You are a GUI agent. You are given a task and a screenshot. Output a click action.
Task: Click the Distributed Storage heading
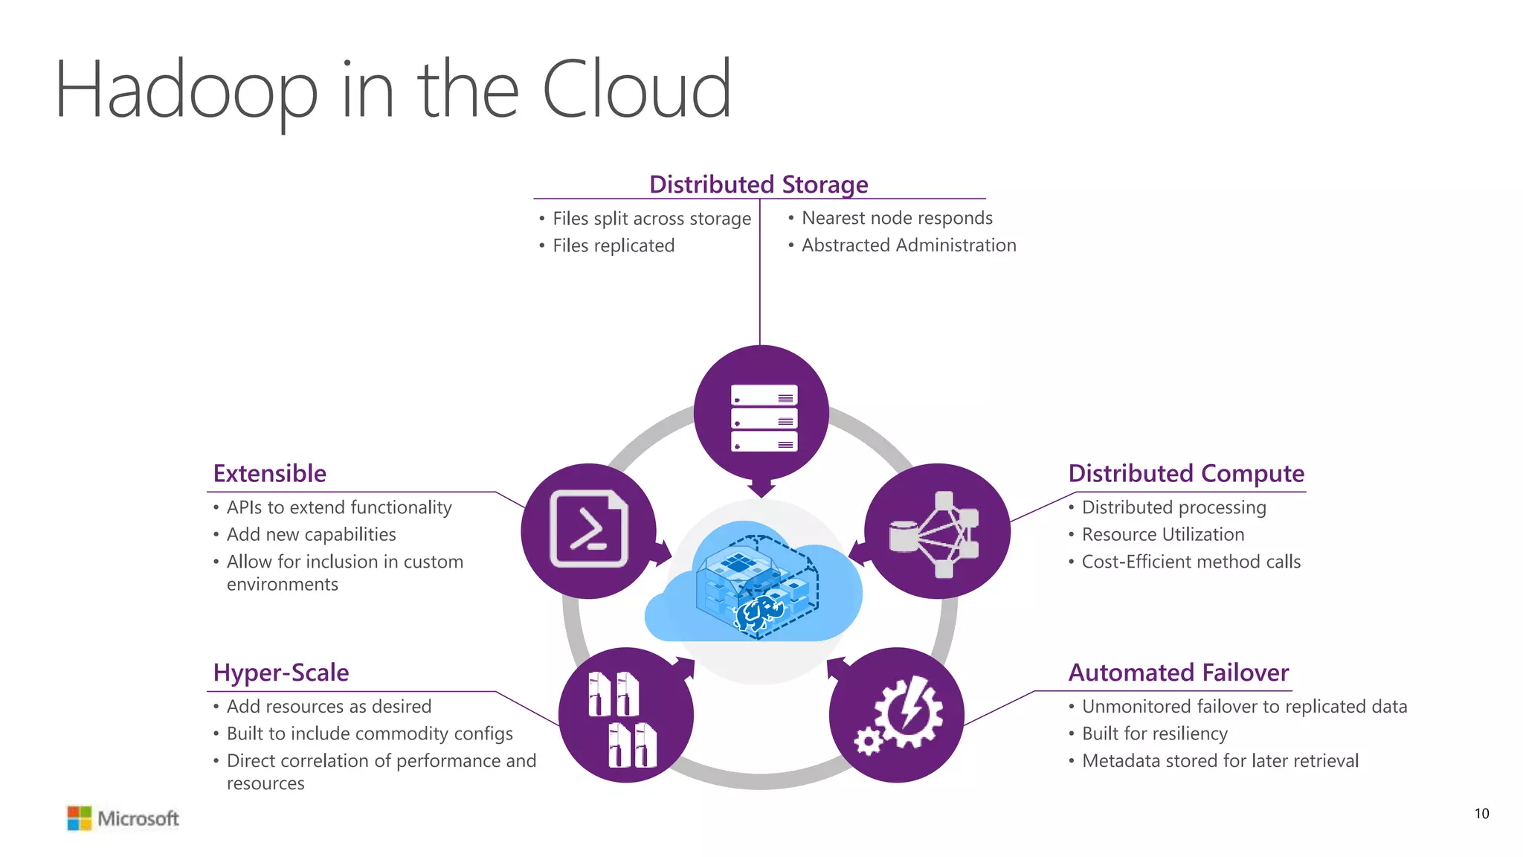coord(759,184)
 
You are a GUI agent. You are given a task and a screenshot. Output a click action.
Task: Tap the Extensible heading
coord(269,473)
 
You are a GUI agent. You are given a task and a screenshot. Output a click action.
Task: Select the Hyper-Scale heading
coord(280,673)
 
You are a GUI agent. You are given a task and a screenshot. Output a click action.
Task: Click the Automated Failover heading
coord(1178,673)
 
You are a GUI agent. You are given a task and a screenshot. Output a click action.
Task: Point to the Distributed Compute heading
coord(1185,473)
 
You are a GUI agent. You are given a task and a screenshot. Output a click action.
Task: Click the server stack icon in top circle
coord(764,418)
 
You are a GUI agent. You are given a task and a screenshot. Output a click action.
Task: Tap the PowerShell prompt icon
coord(588,529)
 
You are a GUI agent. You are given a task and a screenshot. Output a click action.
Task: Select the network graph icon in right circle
coord(935,534)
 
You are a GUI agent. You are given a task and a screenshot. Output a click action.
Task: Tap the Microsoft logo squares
coord(79,818)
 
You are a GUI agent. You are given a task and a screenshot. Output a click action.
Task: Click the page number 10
coord(1481,814)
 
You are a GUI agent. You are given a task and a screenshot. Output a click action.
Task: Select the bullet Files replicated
coord(613,245)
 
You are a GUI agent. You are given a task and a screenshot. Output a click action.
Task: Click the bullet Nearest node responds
coord(896,218)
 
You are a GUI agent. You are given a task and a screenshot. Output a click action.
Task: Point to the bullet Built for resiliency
coord(1153,734)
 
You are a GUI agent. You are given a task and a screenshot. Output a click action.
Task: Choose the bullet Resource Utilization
coord(1162,534)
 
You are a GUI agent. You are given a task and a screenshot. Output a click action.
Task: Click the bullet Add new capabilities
coord(311,534)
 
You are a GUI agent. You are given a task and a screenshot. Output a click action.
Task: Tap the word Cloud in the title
coord(637,91)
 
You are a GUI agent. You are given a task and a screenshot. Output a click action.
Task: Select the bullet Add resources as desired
coord(329,706)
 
